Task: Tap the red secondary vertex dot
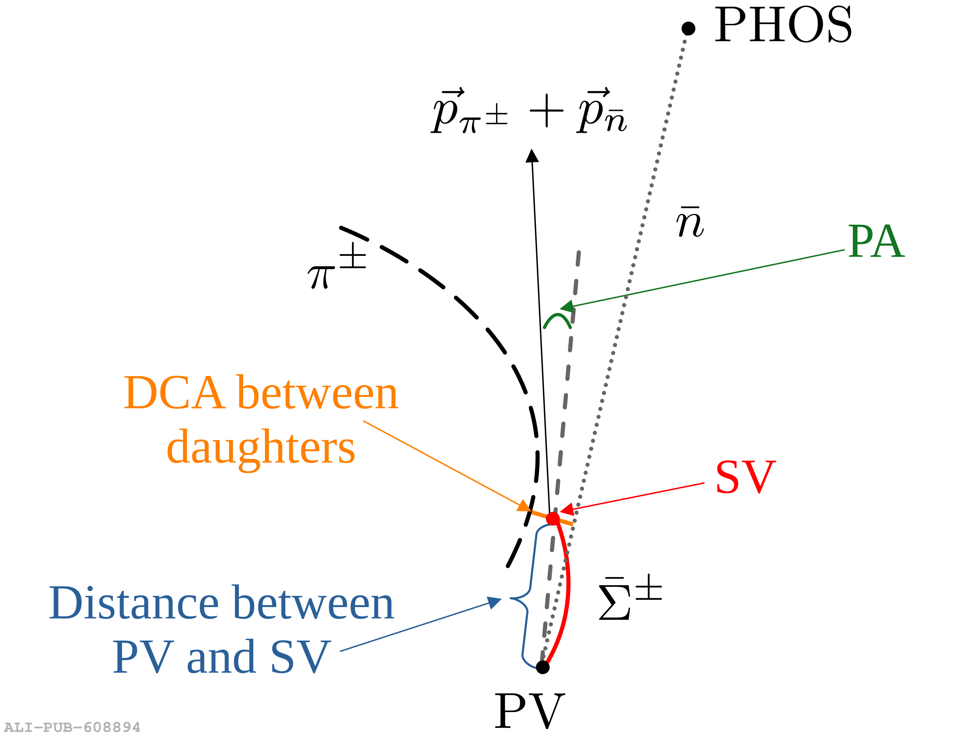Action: pyautogui.click(x=553, y=518)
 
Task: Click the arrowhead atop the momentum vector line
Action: pyautogui.click(x=532, y=156)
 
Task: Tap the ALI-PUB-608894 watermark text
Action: pyautogui.click(x=72, y=727)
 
